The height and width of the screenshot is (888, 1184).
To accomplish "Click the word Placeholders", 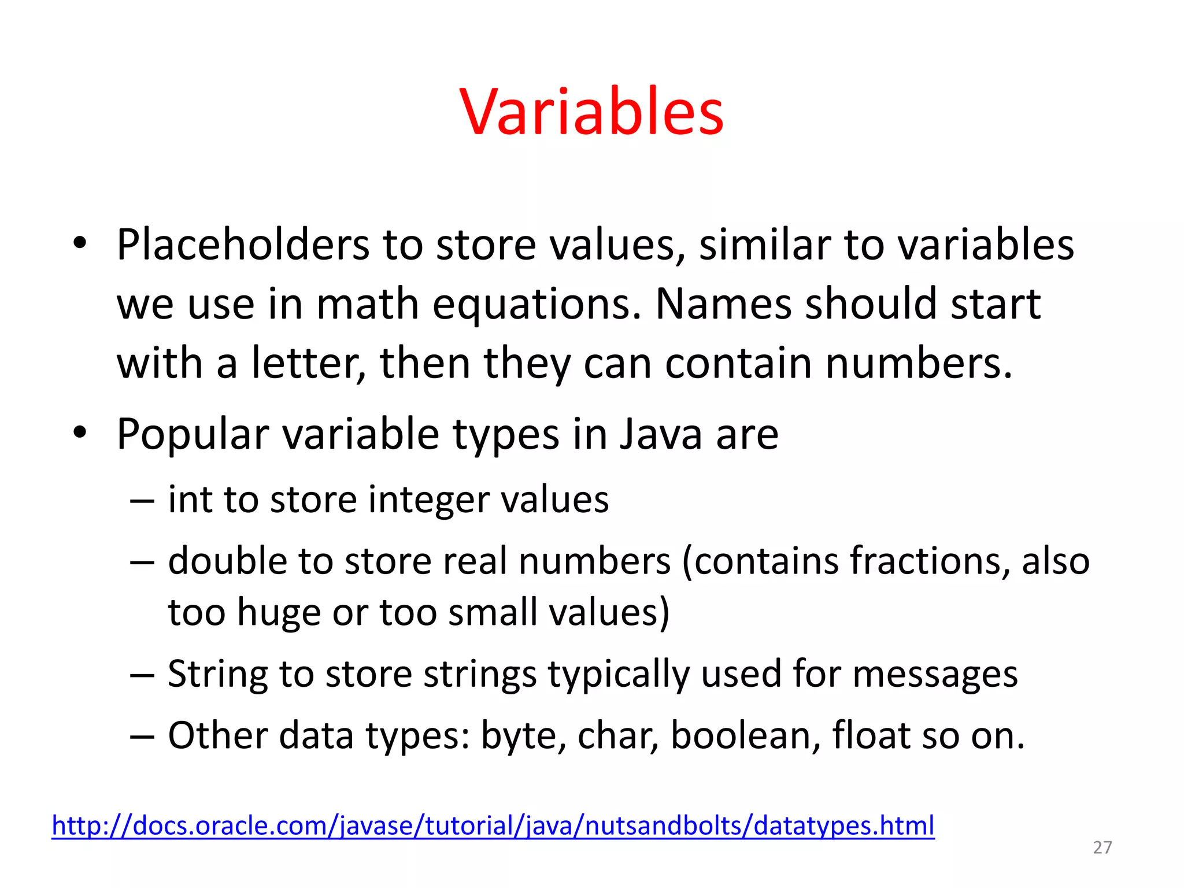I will pyautogui.click(x=242, y=245).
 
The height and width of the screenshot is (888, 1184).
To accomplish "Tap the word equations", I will pyautogui.click(x=536, y=305).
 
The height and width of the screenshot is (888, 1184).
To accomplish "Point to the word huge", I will pyautogui.click(x=278, y=613).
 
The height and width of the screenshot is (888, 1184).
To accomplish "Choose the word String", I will pyautogui.click(x=217, y=675).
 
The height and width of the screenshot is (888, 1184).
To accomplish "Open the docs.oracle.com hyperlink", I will pyautogui.click(x=493, y=826).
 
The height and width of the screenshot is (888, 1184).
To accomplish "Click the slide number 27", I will pyautogui.click(x=1102, y=848).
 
